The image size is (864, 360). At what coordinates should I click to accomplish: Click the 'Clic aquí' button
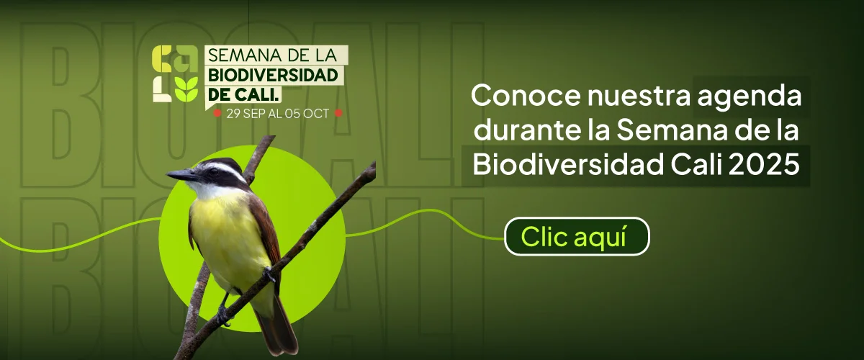coord(577,236)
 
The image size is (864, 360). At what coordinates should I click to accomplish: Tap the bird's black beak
coord(181,175)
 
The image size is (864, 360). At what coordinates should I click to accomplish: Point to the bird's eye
coord(213,171)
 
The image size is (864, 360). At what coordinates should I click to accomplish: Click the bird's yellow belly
coord(228,239)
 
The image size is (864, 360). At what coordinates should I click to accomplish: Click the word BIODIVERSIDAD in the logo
coord(273,76)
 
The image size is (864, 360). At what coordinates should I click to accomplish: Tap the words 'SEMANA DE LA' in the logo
coord(272,55)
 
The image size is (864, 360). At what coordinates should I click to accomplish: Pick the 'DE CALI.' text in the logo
coord(243,94)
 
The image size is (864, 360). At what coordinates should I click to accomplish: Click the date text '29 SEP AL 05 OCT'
coord(278,114)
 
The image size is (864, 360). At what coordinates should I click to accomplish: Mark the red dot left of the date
coord(217,113)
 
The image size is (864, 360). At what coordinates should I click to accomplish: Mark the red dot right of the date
coord(338,113)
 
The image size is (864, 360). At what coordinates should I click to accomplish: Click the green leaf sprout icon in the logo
coord(186,89)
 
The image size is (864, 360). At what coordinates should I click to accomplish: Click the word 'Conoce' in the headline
coord(526,96)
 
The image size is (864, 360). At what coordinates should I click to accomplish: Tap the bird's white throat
coord(210,189)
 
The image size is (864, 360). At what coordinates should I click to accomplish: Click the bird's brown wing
coord(266,232)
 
